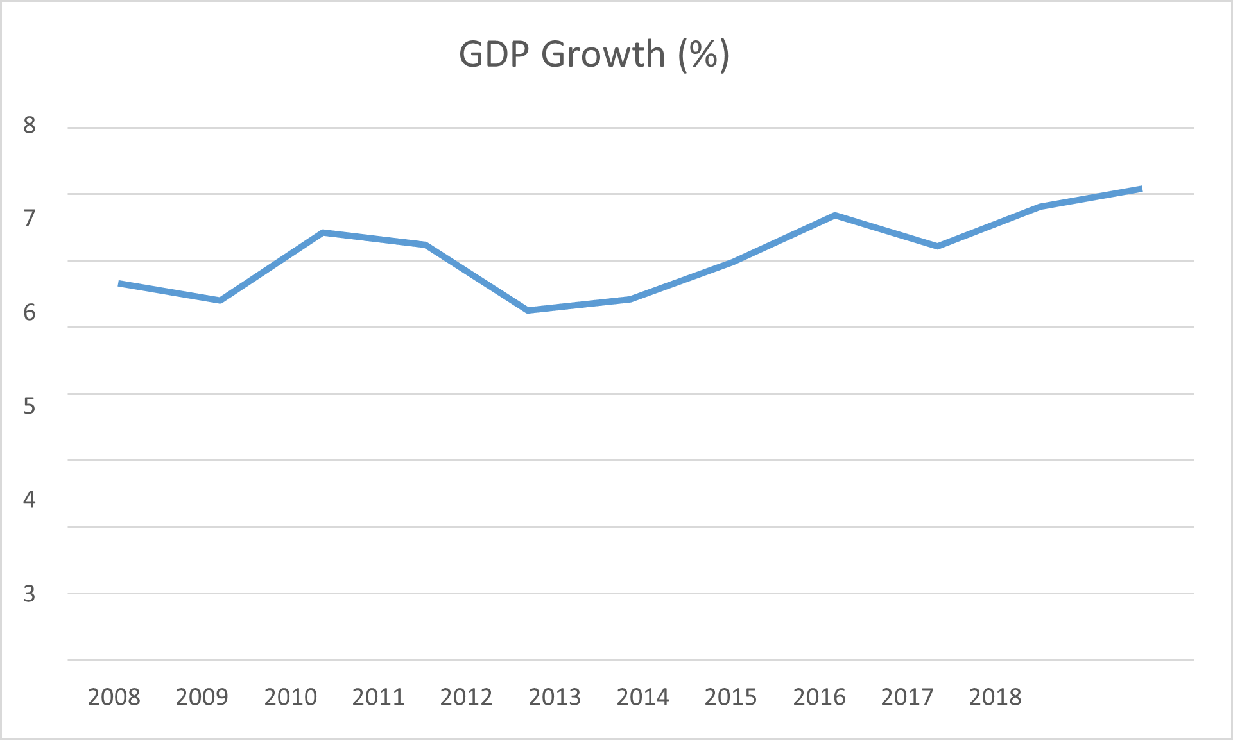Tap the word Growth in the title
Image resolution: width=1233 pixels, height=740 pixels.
[x=603, y=54]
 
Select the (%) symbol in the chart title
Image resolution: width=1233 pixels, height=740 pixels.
[x=704, y=55]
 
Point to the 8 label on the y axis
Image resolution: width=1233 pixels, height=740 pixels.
[x=30, y=125]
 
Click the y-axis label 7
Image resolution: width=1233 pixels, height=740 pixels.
[x=30, y=219]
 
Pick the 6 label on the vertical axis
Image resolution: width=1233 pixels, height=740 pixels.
[x=30, y=312]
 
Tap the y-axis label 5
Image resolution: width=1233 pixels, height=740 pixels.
[x=30, y=406]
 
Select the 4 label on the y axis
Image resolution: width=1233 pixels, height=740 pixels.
[x=30, y=500]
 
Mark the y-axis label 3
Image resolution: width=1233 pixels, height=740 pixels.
[x=30, y=594]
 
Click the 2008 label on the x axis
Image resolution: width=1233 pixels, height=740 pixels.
[x=114, y=697]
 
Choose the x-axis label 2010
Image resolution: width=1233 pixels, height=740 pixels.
[x=291, y=697]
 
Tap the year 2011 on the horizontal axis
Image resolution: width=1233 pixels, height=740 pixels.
[x=379, y=697]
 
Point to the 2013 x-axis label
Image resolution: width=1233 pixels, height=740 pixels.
[x=555, y=697]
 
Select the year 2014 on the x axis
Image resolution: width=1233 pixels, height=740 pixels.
[x=643, y=697]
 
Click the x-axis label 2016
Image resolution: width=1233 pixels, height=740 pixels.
[x=820, y=697]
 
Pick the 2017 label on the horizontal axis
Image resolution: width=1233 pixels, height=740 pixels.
[x=908, y=697]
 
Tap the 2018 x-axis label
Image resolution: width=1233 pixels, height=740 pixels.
[x=996, y=697]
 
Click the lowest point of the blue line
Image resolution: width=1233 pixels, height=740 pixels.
[x=528, y=310]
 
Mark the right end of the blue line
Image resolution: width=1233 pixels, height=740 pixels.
[x=1141, y=189]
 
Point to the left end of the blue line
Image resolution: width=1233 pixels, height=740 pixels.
[x=119, y=283]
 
